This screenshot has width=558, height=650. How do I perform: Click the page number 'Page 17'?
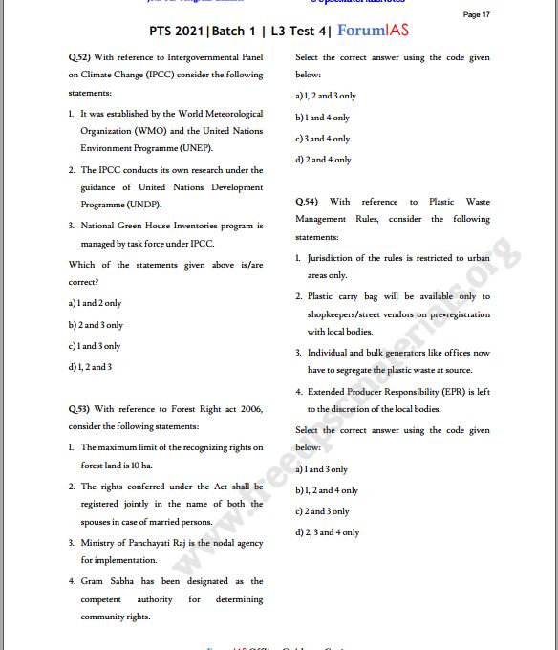click(x=476, y=14)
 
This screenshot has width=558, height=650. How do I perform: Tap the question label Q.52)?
click(x=78, y=57)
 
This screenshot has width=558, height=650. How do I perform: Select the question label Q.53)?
click(x=78, y=408)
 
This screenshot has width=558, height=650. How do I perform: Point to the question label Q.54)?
click(x=307, y=202)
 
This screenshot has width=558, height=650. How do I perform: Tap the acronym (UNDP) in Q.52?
click(x=144, y=205)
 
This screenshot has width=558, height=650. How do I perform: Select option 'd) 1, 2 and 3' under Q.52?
click(x=90, y=366)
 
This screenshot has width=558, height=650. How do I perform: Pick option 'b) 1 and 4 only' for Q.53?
click(x=322, y=118)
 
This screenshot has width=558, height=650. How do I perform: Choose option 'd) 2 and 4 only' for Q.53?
click(x=323, y=160)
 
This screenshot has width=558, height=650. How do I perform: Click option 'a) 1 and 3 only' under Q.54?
click(x=322, y=469)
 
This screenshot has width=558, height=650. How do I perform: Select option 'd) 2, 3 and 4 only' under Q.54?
click(x=328, y=532)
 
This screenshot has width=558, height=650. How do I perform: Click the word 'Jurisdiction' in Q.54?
click(x=332, y=258)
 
